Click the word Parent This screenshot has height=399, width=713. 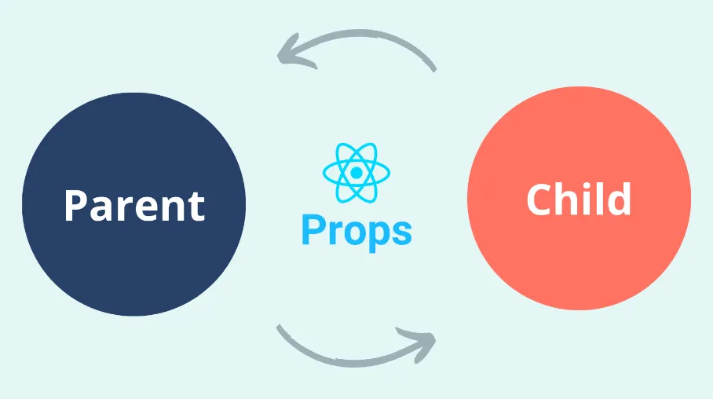click(133, 205)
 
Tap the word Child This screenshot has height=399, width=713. click(579, 199)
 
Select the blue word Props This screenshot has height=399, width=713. click(356, 231)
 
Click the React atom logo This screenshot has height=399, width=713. click(356, 172)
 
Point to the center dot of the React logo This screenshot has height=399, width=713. click(356, 172)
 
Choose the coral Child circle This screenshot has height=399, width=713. click(579, 259)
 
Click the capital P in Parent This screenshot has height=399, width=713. click(75, 205)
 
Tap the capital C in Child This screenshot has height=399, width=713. click(540, 199)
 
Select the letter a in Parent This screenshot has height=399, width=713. click(104, 208)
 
